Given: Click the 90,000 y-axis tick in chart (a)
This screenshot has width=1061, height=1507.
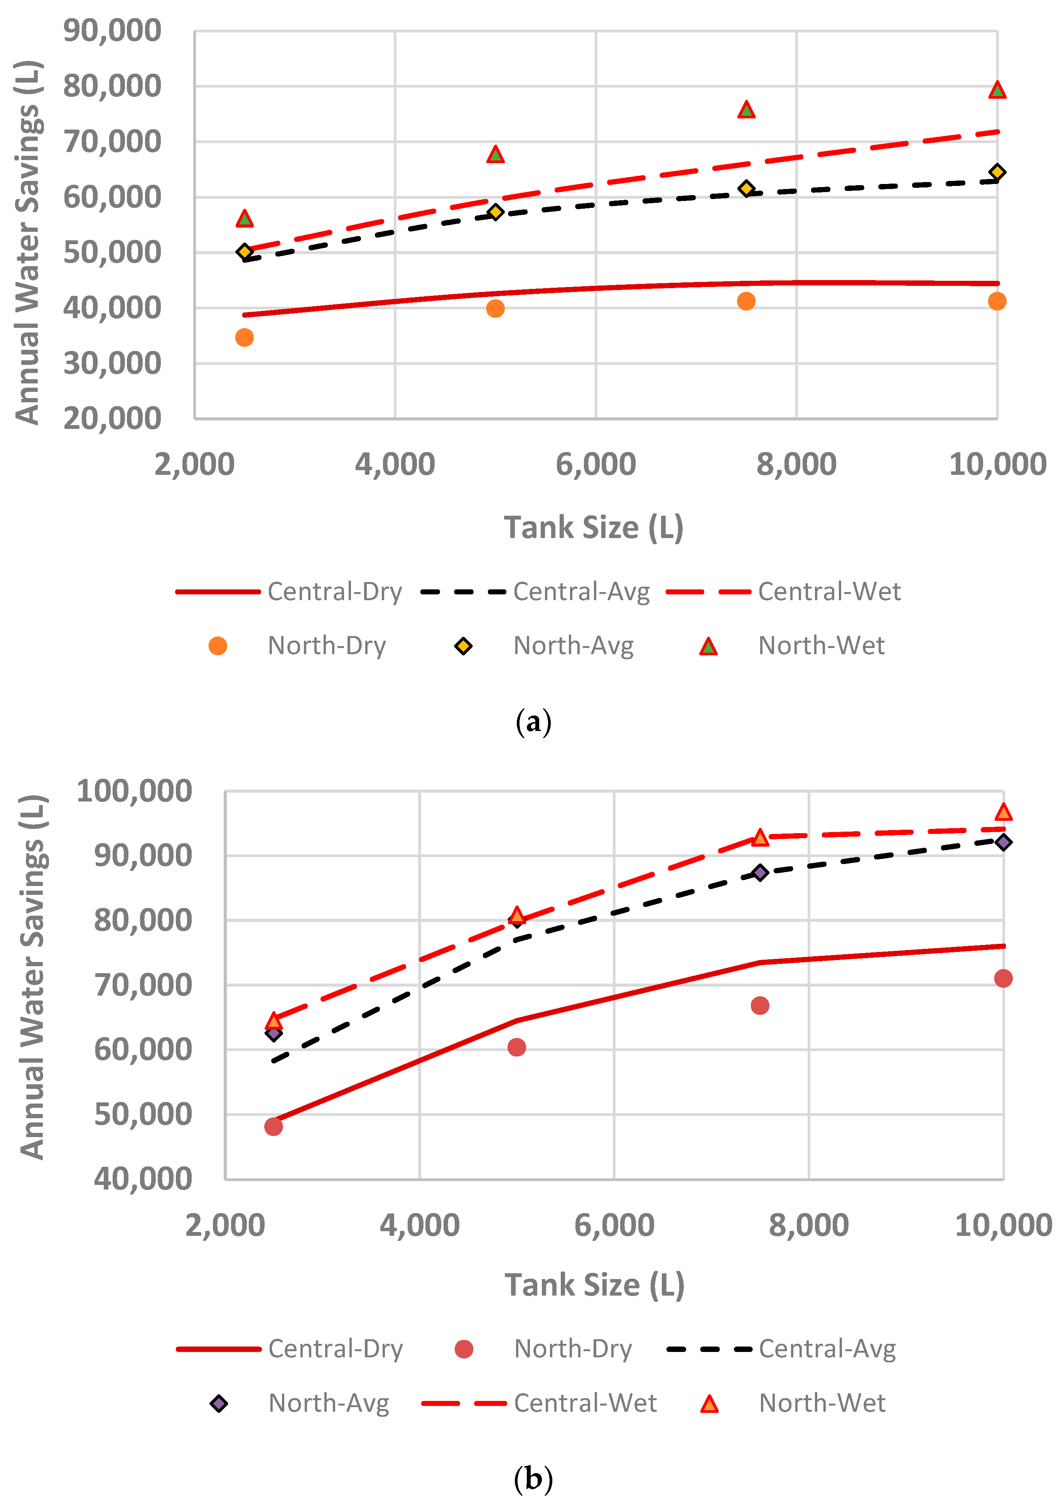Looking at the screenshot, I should point(111,31).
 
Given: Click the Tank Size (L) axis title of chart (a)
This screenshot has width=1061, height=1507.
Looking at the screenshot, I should point(594,528).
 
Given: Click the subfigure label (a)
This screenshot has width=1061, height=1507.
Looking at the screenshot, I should point(533,722).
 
